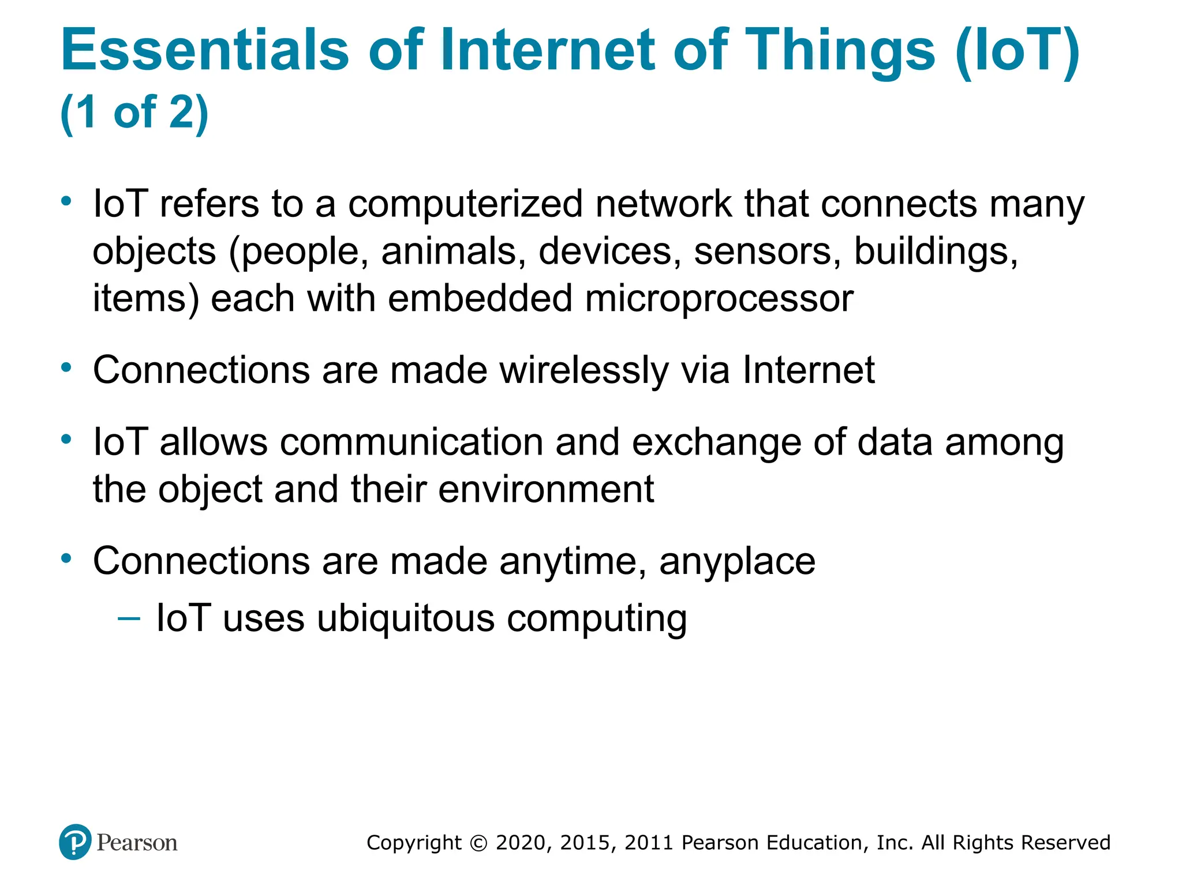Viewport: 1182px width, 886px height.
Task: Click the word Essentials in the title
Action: [205, 50]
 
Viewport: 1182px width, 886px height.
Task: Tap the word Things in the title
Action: [840, 50]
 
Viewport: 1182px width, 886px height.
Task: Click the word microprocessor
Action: [719, 299]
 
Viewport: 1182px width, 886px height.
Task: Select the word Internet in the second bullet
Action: [809, 370]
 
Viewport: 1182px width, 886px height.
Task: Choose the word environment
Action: [546, 490]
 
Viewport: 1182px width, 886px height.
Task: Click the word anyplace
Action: [737, 561]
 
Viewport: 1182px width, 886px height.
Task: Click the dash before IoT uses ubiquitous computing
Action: [128, 619]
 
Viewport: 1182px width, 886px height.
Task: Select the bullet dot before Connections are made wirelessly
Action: [67, 367]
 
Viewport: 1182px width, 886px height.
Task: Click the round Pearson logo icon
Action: [75, 842]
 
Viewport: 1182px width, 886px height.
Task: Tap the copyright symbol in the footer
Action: [478, 843]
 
